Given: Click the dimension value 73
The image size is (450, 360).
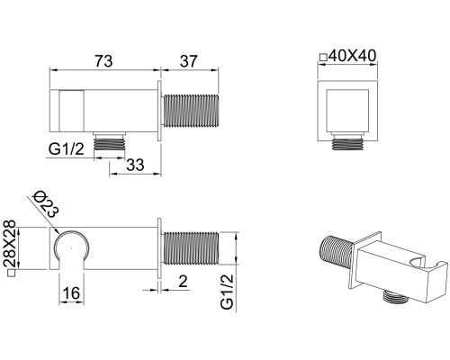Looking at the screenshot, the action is (103, 61).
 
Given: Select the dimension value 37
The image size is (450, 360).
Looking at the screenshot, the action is (188, 61).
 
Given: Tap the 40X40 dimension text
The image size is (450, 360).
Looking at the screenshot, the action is (352, 56).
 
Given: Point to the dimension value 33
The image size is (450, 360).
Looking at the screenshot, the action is (135, 165).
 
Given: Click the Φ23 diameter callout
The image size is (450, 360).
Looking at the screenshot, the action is (46, 203).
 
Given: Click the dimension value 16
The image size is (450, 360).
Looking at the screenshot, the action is (71, 292).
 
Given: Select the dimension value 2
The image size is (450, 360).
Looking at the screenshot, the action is (183, 282).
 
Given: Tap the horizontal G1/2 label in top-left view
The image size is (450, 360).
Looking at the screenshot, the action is (67, 149).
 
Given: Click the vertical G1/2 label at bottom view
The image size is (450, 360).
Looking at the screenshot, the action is (227, 292).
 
